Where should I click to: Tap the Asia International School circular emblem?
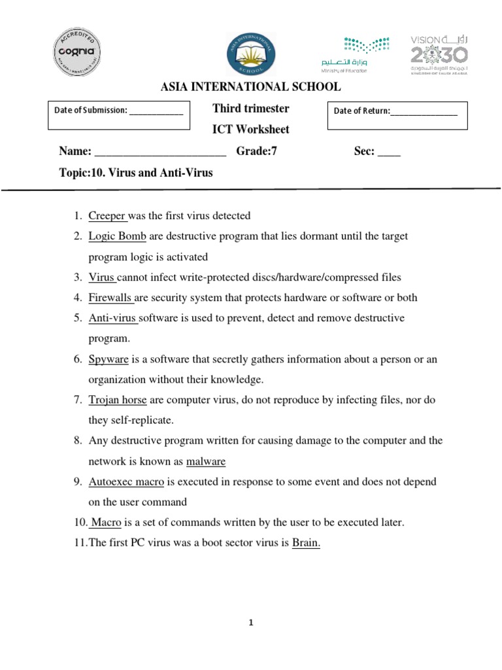point(251,54)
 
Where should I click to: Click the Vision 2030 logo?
point(439,53)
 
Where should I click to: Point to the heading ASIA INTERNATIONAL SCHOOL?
point(250,86)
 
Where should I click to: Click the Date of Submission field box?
point(118,116)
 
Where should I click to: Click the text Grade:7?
point(257,151)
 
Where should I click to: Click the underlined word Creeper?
point(107,216)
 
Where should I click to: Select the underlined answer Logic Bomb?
point(117,236)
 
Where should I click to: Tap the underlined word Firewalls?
point(111,298)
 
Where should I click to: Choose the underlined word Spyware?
point(109,359)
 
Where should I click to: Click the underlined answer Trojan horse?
point(118,400)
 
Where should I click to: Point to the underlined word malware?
point(206,461)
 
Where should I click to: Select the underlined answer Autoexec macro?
point(127,482)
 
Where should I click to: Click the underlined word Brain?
point(306,543)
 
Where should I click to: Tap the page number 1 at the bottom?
point(250,623)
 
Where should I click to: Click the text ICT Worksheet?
point(251,129)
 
